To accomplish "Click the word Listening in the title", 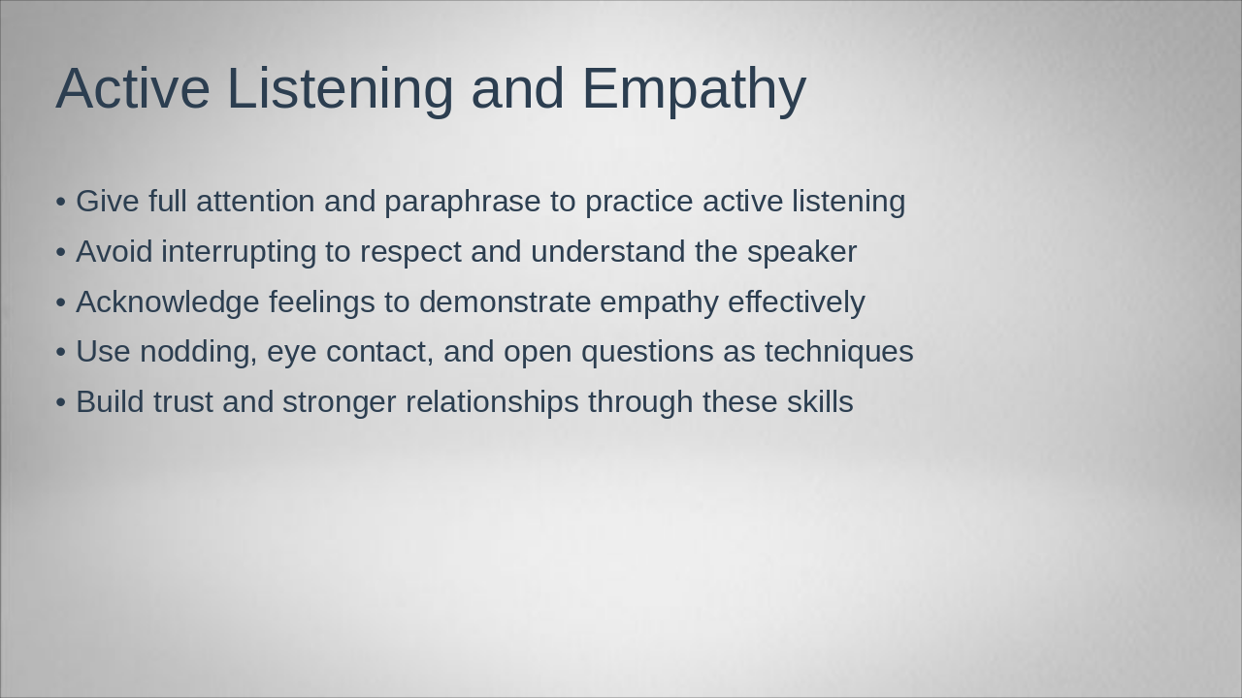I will (x=340, y=89).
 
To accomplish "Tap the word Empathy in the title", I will (x=694, y=89).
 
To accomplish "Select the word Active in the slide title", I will (x=133, y=89).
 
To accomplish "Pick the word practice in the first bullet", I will (x=638, y=202).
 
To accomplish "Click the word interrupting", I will (x=239, y=252).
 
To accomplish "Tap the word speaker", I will (x=801, y=252).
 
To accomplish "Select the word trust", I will (x=182, y=402).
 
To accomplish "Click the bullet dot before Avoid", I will (x=61, y=253).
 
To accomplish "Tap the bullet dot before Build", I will (x=61, y=403).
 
